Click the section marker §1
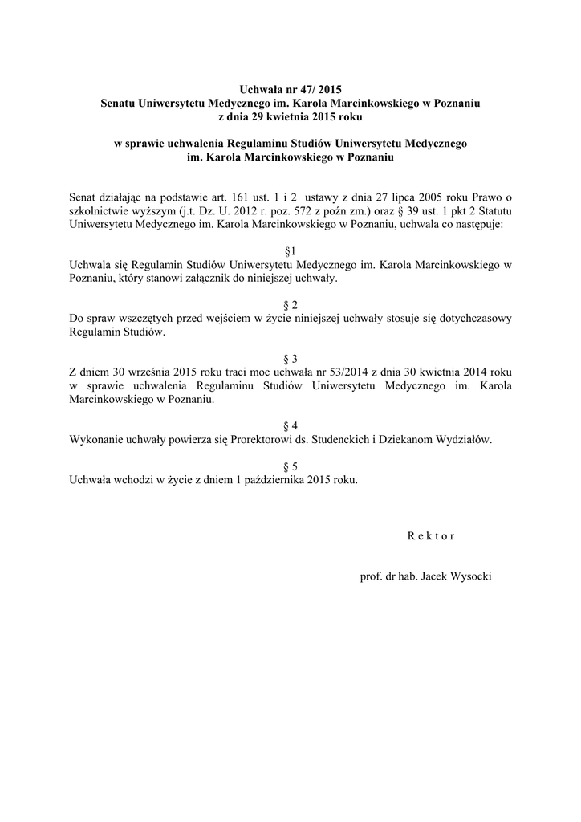tap(290, 251)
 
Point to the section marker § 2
tap(290, 305)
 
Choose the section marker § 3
tap(290, 359)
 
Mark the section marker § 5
tap(290, 466)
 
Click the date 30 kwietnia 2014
tap(453, 372)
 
